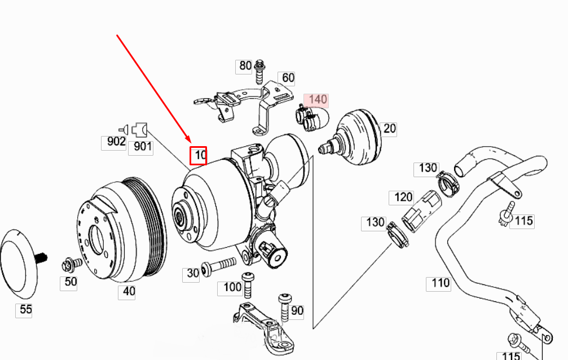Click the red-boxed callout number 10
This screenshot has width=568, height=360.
199,155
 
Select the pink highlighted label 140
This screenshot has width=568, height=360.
316,100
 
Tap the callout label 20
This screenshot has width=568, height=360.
389,129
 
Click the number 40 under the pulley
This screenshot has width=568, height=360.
129,292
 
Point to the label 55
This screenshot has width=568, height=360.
26,309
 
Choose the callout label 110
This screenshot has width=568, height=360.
440,283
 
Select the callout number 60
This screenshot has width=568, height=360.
288,78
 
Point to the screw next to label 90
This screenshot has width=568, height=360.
284,305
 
